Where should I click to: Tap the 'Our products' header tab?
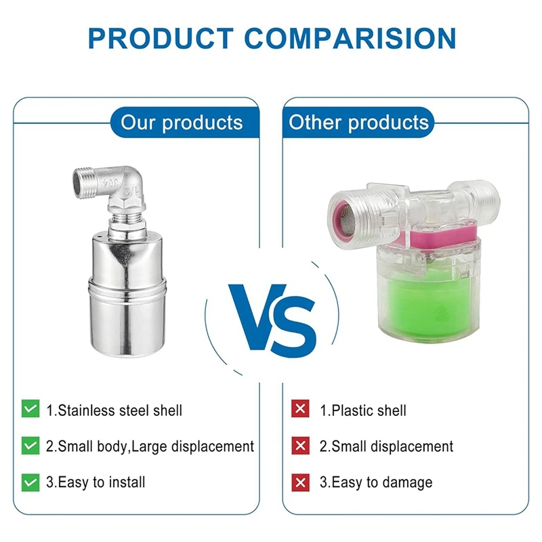pos(181,123)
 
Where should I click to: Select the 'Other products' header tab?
pos(359,123)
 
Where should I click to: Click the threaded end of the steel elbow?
pos(85,183)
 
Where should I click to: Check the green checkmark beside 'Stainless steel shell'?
pos(30,409)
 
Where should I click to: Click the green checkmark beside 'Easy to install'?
pos(30,482)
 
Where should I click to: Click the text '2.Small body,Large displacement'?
pos(150,446)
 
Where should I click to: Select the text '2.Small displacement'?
pos(386,446)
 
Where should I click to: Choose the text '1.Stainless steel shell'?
pos(114,410)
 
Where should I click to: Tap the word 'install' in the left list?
pos(127,482)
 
